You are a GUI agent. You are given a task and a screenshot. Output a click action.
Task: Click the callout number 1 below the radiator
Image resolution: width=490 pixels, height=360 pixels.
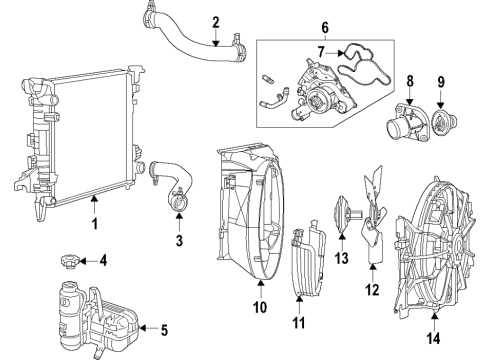click(95, 225)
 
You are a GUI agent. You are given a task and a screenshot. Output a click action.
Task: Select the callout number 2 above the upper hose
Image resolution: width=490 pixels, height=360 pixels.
click(216, 22)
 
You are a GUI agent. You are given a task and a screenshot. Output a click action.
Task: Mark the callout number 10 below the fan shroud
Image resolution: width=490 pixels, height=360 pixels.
click(260, 309)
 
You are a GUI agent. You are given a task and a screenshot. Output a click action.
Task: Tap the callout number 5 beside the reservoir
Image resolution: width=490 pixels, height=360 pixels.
click(165, 328)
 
